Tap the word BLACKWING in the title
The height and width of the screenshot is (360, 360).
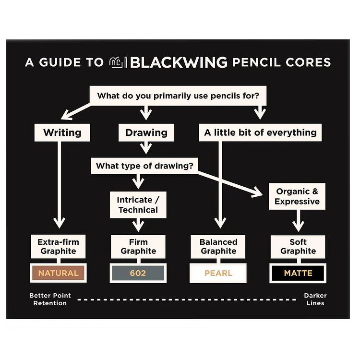tap(179, 62)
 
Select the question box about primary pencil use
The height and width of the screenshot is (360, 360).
tap(179, 96)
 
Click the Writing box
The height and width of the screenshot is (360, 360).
tap(62, 132)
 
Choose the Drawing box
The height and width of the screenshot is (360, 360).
tap(146, 132)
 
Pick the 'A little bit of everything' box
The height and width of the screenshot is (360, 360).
tap(260, 132)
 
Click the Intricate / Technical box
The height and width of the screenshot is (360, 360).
tap(138, 204)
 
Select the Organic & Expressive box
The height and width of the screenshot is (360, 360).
tap(297, 196)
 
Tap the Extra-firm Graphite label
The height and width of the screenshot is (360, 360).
tap(58, 246)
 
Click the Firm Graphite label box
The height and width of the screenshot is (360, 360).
tap(138, 246)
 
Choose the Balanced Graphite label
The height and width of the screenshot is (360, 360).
tap(218, 246)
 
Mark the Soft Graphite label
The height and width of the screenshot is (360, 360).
tap(298, 246)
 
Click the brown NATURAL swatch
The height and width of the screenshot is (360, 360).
tap(58, 273)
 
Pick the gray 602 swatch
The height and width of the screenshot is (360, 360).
tap(138, 273)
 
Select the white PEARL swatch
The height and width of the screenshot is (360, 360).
tap(218, 273)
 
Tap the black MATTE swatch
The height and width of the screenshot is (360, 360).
tap(298, 273)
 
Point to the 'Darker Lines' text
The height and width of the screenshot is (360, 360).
tap(315, 300)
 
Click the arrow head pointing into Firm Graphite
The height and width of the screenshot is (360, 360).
tap(138, 227)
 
